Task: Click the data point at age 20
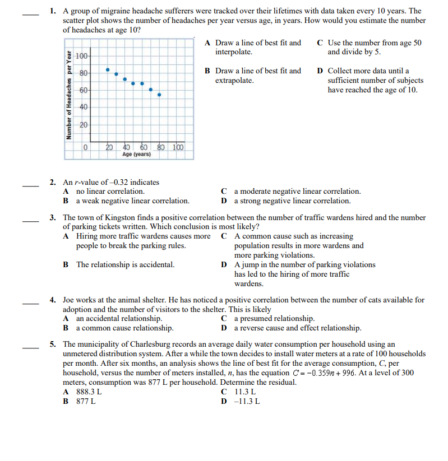pos(108,69)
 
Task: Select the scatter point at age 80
pos(159,95)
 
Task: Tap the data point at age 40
pos(125,79)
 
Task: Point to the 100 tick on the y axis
pos(81,57)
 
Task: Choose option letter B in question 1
pos(207,71)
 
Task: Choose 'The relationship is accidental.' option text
pos(125,265)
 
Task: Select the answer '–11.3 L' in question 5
pos(247,402)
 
